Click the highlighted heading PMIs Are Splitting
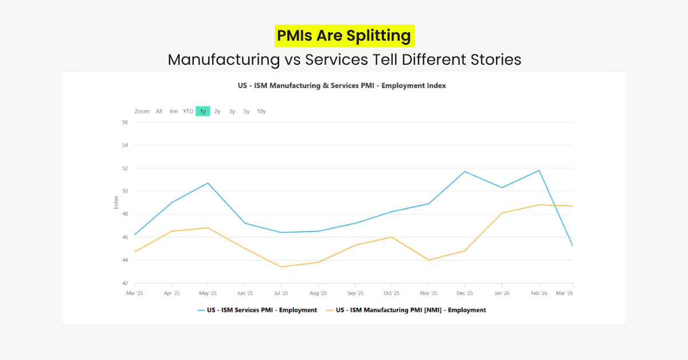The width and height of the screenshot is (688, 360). click(344, 36)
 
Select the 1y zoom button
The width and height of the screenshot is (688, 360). click(202, 111)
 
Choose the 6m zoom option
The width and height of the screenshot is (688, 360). click(173, 111)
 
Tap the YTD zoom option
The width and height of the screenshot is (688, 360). click(188, 111)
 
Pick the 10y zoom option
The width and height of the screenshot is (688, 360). click(261, 111)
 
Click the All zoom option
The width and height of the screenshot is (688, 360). click(159, 111)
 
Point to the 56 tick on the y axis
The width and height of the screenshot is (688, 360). click(124, 122)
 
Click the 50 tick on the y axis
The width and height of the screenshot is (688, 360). click(124, 191)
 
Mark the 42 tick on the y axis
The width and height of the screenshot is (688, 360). click(124, 283)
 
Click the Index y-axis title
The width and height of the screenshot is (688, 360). click(116, 202)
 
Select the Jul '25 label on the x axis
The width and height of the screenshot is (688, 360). click(282, 293)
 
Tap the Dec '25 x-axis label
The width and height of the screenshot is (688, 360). click(464, 293)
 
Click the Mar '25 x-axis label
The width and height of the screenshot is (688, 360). click(135, 293)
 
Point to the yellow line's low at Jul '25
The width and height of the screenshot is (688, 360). click(282, 267)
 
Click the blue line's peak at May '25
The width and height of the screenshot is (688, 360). click(208, 183)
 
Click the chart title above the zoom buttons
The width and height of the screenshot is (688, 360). click(342, 85)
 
